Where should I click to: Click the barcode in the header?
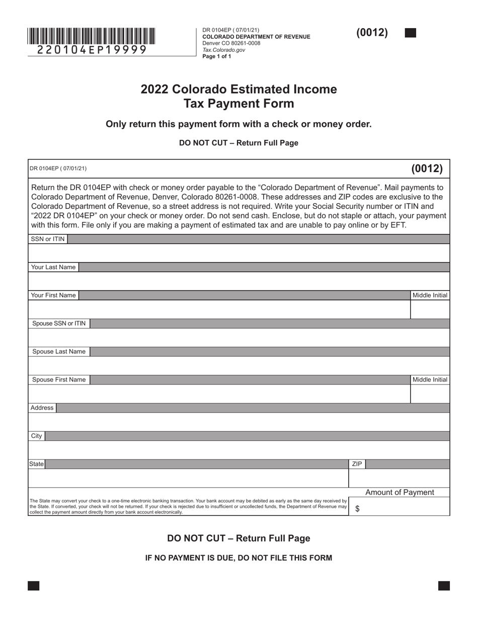pos(91,36)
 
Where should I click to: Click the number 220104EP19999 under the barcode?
pos(92,50)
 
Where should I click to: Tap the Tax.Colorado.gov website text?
pos(223,50)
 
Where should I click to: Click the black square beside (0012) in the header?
pos(410,33)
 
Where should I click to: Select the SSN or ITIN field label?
pos(48,239)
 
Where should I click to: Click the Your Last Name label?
pos(53,267)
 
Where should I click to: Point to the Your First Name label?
pos(53,295)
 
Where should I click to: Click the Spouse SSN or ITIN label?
pos(59,324)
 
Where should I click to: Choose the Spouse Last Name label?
pos(59,352)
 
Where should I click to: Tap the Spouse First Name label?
pos(59,380)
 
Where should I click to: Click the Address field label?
pos(42,408)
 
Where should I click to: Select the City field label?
pos(37,436)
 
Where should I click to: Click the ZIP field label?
pos(357,464)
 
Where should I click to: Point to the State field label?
pos(37,464)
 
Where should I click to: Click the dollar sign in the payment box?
pos(357,509)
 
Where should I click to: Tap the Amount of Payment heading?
pos(400,492)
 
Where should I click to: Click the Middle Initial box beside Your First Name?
pos(430,309)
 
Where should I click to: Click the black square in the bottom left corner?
pos(34,585)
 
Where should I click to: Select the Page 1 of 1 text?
pos(217,56)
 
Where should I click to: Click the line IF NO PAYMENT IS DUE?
pos(238,558)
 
